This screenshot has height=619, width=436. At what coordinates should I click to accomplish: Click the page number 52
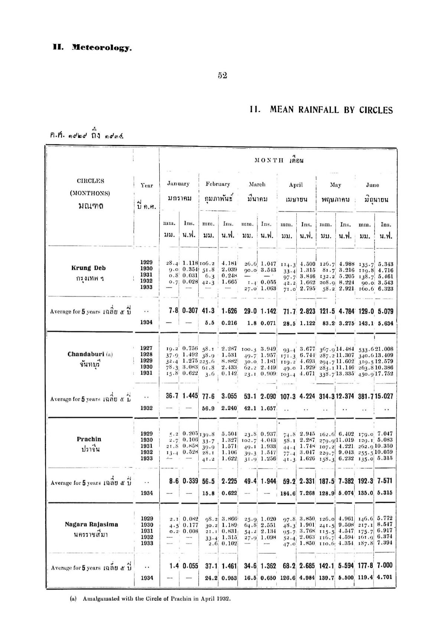[222, 75]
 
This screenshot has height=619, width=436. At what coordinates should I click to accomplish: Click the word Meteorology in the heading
[102, 48]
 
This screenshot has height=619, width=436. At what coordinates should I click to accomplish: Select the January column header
[178, 184]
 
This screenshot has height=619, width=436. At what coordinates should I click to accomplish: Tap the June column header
[372, 185]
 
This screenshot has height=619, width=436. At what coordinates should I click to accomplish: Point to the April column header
[296, 185]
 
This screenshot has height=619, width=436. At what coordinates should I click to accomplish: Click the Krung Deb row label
[88, 268]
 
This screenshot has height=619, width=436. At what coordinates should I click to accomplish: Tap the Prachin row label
[89, 439]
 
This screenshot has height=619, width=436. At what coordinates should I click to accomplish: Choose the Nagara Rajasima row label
[91, 524]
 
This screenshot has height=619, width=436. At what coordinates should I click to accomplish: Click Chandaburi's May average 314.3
[326, 396]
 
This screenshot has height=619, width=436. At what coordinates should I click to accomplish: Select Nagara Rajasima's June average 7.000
[385, 565]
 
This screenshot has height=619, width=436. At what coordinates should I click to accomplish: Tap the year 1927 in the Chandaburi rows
[146, 348]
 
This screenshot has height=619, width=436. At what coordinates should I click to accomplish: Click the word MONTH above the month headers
[269, 161]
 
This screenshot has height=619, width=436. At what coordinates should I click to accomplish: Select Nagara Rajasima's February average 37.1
[211, 566]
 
